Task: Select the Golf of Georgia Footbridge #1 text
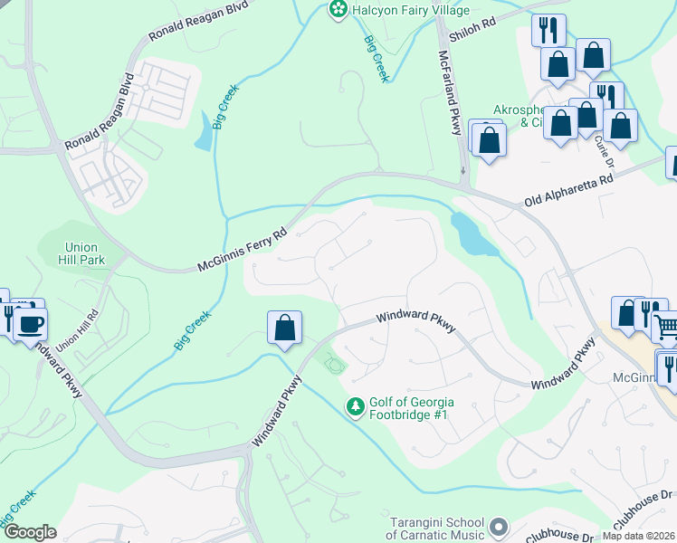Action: coord(411,408)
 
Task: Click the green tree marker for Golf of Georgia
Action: coord(356,408)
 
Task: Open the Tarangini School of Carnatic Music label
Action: coord(437,529)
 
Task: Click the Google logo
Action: coord(29,532)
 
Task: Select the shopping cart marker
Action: coord(664,326)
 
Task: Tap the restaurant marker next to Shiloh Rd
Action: coord(548,30)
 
